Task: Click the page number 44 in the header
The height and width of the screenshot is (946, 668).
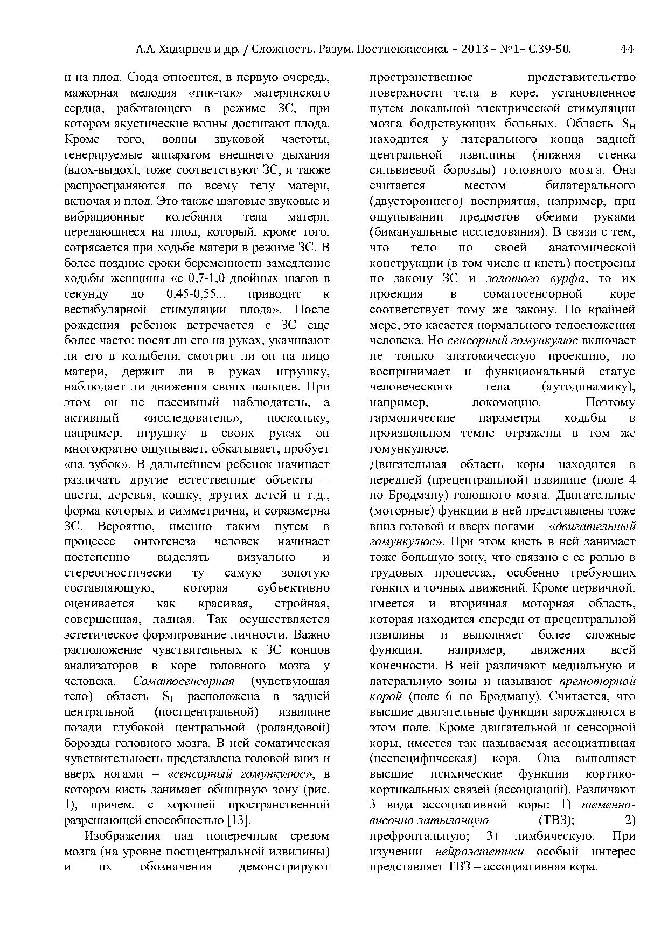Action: (627, 50)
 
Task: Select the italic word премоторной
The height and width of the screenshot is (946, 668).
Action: (598, 681)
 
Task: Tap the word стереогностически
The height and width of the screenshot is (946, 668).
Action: (117, 573)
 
